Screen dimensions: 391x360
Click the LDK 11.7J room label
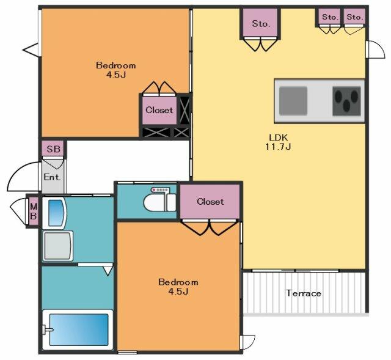point(278,142)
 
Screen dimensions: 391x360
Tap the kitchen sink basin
point(293,101)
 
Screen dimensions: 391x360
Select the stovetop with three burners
point(346,101)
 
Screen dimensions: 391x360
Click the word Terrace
point(304,293)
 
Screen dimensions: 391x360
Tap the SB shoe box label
point(54,149)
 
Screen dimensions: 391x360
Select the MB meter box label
point(34,211)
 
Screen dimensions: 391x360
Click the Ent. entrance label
point(52,177)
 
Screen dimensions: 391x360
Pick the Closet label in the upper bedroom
point(159,110)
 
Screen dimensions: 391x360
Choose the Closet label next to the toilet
point(210,202)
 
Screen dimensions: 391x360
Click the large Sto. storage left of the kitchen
point(261,23)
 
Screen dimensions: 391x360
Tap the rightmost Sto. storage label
point(354,17)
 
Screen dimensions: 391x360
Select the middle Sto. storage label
point(330,17)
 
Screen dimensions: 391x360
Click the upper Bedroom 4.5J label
point(116,70)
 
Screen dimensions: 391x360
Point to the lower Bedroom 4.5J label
point(178,287)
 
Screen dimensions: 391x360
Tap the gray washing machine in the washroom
point(58,246)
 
